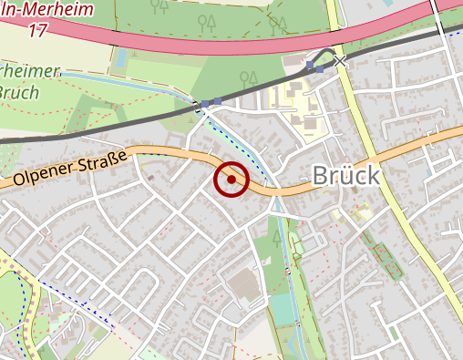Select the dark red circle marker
click(231, 180)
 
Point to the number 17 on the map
click(37, 31)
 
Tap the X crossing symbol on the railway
click(341, 61)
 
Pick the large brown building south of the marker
click(243, 288)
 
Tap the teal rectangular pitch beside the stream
click(284, 311)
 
